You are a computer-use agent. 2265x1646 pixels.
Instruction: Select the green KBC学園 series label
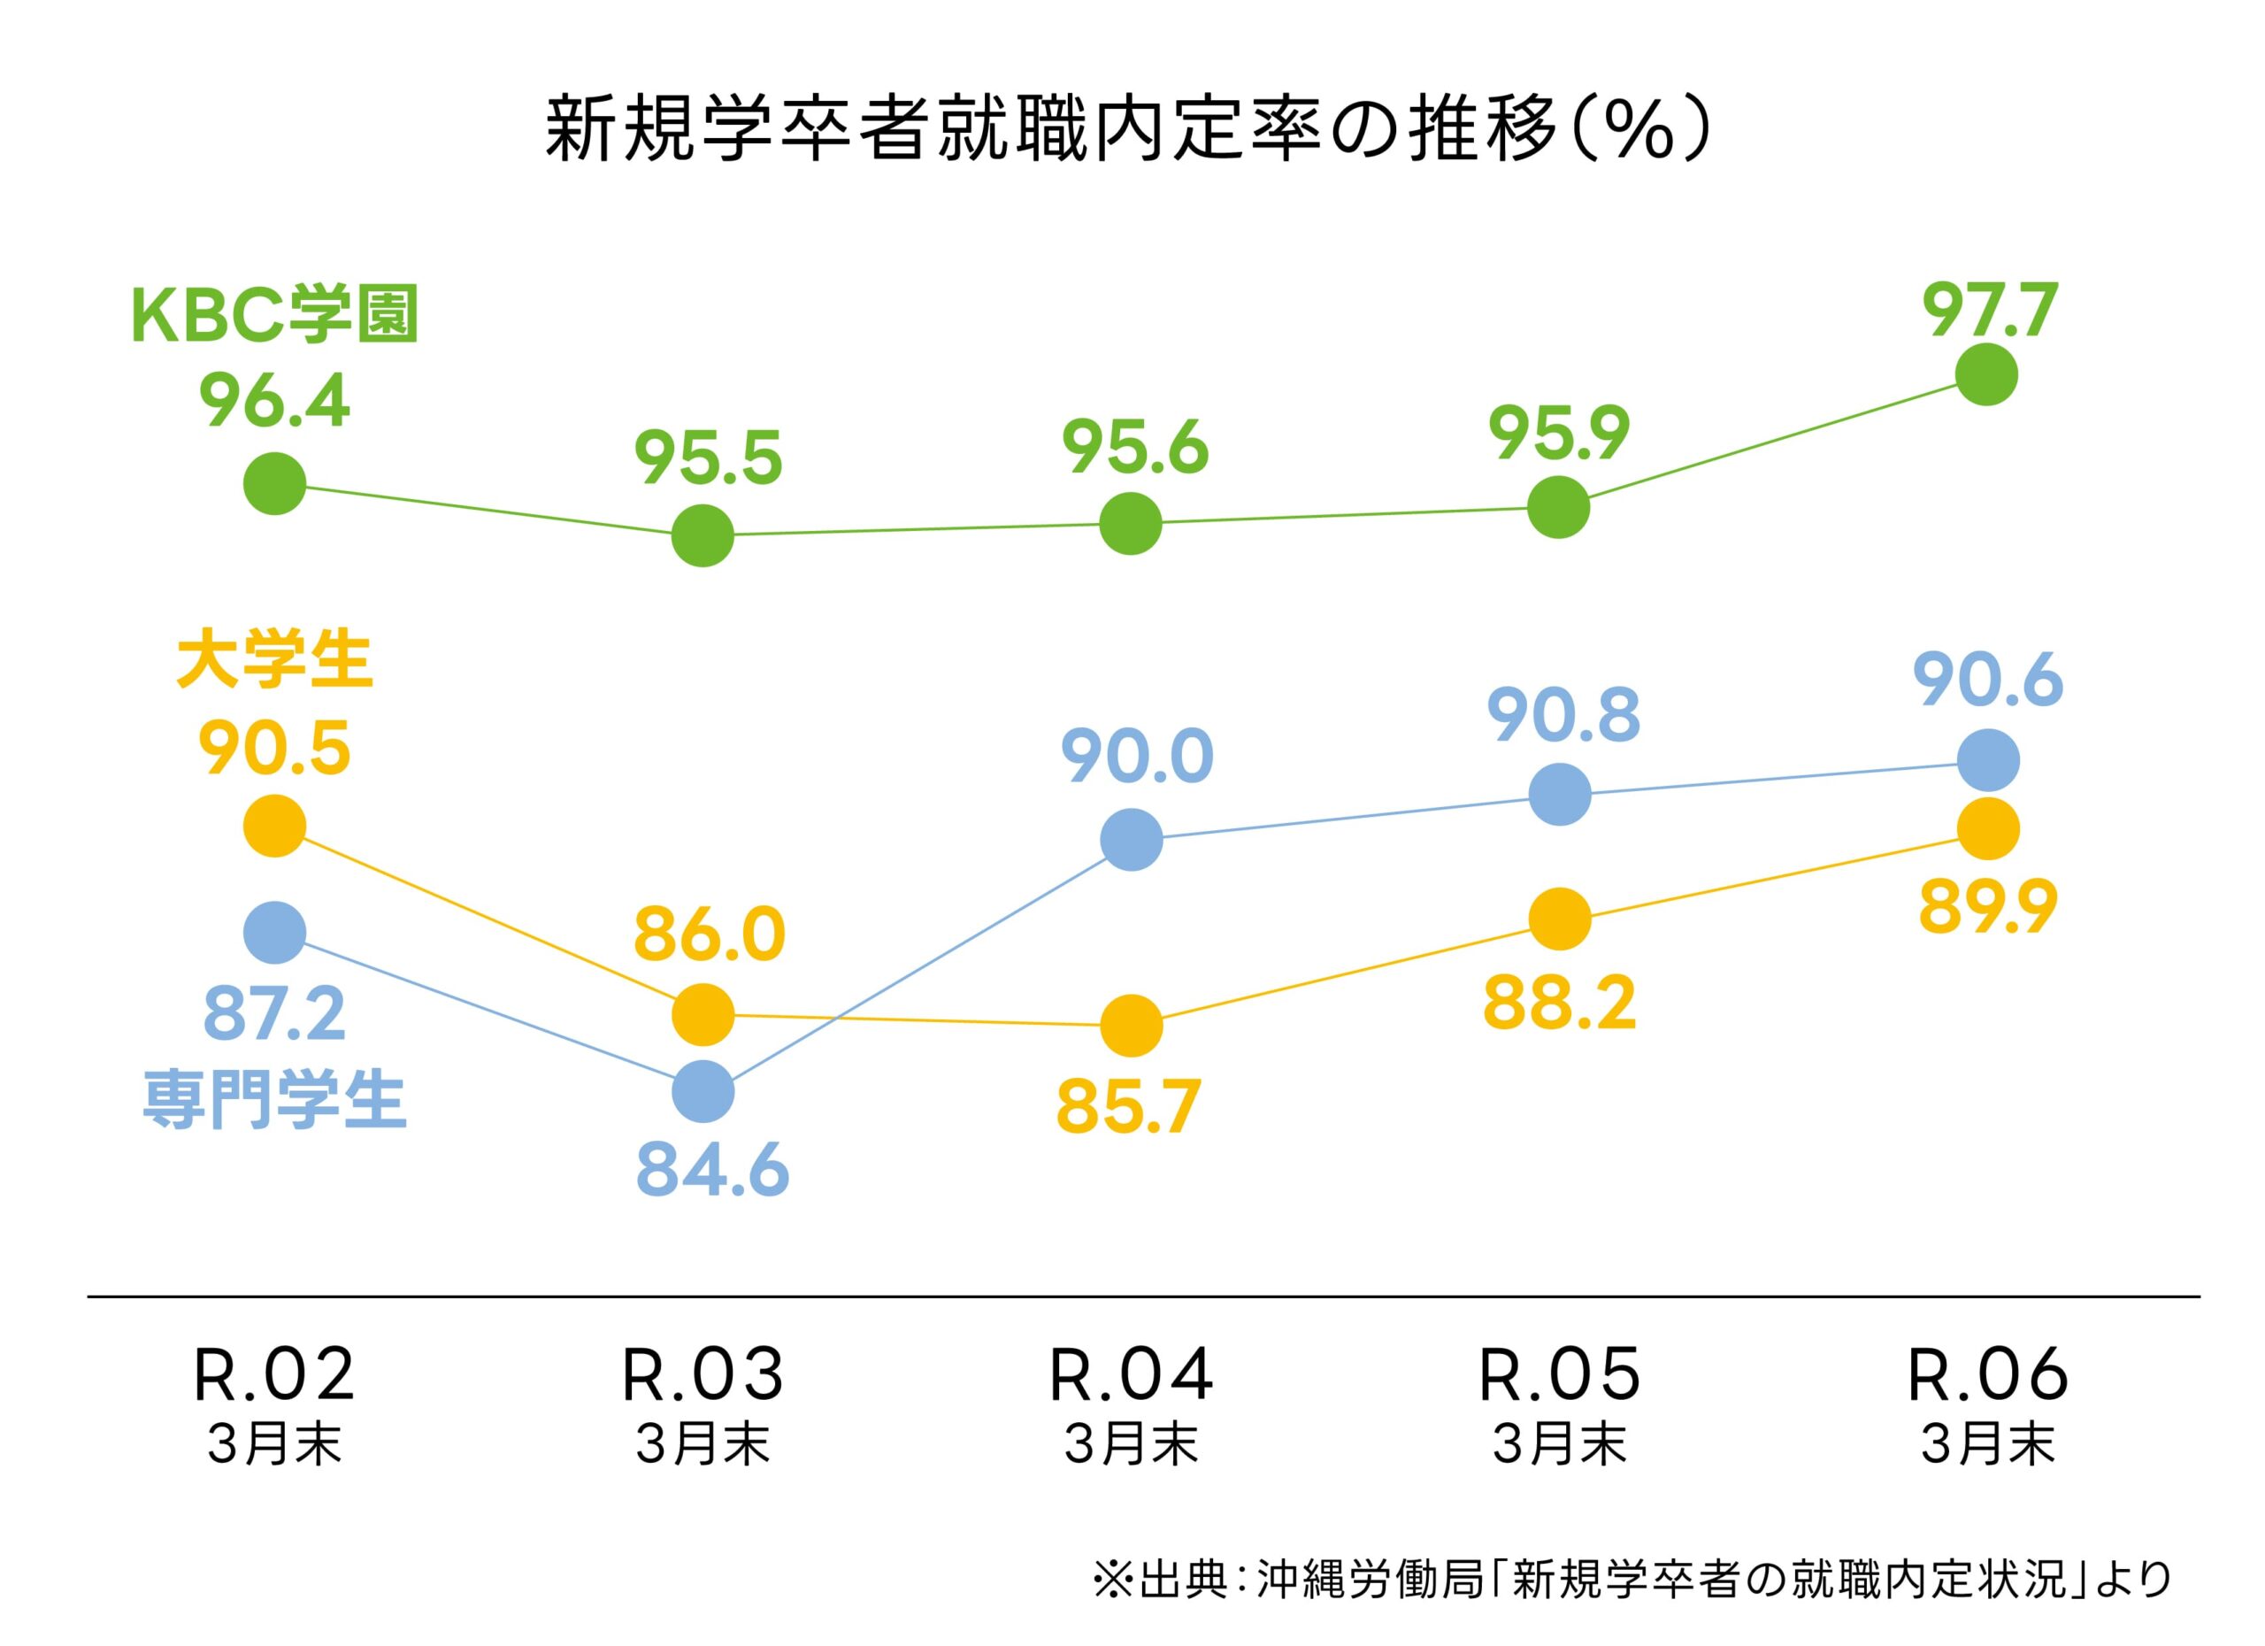(x=273, y=316)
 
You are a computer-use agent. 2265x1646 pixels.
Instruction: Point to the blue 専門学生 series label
(x=273, y=1100)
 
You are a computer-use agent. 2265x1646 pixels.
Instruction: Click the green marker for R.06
(x=1986, y=374)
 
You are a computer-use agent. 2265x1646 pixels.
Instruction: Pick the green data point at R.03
(x=703, y=535)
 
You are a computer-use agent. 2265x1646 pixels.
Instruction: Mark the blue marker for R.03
(x=703, y=1092)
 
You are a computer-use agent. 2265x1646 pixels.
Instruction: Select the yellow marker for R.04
(x=1131, y=1026)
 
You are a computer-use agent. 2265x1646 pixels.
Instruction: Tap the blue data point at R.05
(x=1559, y=794)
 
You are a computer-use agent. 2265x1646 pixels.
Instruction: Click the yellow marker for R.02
(x=273, y=826)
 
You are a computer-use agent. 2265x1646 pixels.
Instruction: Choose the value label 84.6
(x=712, y=1171)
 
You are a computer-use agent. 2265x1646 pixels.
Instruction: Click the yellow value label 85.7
(x=1127, y=1108)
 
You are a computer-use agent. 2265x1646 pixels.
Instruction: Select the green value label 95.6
(x=1134, y=448)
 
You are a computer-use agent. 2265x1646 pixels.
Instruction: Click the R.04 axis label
(x=1131, y=1375)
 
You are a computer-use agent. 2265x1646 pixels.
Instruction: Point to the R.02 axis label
(x=273, y=1375)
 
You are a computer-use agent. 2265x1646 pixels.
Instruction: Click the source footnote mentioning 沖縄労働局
(x=1632, y=1581)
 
